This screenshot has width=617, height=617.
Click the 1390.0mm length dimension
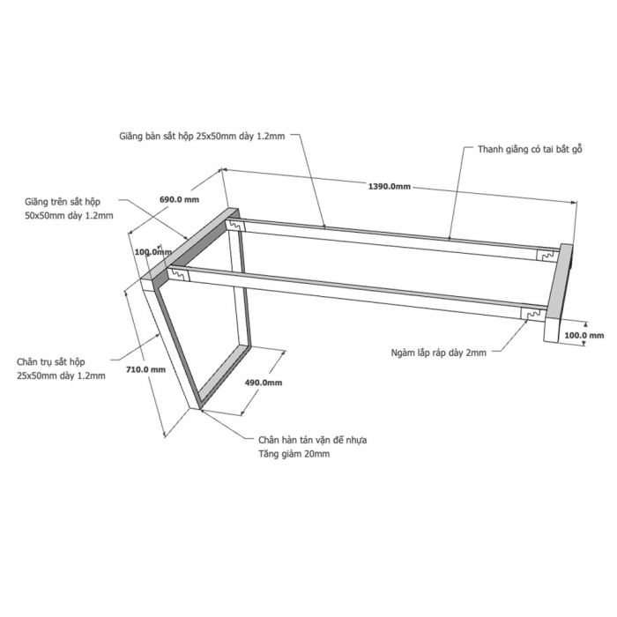389,187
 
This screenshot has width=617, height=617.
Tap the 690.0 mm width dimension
179,199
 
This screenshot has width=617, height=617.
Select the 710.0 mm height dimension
145,369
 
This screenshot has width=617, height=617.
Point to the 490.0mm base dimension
264,383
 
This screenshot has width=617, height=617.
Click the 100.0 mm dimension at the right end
584,335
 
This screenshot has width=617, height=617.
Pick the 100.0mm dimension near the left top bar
153,252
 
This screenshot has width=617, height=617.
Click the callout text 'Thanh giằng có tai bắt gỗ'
530,150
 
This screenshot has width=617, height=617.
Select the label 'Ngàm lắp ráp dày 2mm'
438,353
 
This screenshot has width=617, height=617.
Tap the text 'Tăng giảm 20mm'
294,454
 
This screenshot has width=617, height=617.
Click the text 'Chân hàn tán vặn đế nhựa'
312,440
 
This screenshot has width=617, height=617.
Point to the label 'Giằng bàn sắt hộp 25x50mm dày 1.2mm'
202,136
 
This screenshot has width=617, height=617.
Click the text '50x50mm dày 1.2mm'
69,216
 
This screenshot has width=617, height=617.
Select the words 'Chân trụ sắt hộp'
51,361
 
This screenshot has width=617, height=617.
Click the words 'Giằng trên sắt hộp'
63,202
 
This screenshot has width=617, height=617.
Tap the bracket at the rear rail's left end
235,226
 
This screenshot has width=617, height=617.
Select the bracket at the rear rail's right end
547,256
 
